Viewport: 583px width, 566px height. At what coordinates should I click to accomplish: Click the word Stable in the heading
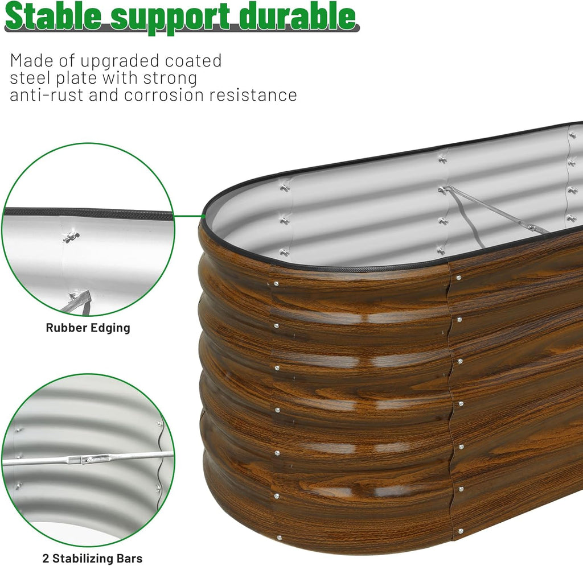pos(53,16)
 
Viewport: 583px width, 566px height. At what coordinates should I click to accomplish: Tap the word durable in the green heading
pos(297,16)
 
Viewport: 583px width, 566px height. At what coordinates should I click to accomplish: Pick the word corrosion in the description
pos(164,95)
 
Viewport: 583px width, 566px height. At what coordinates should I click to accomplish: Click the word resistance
pos(253,95)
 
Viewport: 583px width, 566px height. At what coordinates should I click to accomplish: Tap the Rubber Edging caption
pos(88,328)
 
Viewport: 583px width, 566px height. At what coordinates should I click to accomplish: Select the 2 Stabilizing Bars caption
pos(92,558)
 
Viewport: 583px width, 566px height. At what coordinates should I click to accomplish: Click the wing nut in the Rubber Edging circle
pos(71,237)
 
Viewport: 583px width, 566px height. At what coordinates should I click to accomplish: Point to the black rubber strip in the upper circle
pos(88,213)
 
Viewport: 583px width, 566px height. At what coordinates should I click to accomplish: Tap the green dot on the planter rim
pos(203,216)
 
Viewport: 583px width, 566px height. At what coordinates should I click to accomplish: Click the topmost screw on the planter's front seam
pos(459,278)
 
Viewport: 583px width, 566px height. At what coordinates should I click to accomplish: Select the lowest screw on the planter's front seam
pos(461,531)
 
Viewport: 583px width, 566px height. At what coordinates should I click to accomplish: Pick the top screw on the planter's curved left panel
pos(276,284)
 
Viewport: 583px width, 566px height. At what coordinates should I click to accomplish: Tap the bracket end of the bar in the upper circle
pos(79,297)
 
